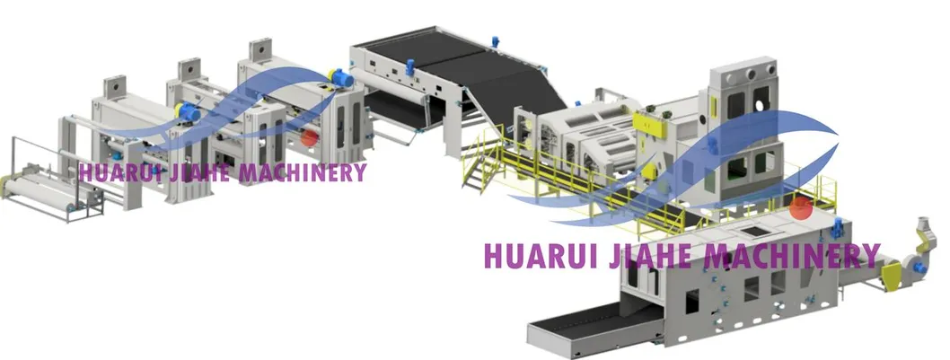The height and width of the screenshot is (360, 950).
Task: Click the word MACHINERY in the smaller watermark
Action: pyautogui.click(x=303, y=172)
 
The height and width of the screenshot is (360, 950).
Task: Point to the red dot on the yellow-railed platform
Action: pyautogui.click(x=801, y=207)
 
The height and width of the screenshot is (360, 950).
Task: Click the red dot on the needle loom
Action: pyautogui.click(x=309, y=137)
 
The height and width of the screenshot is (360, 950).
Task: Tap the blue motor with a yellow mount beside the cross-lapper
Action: pyautogui.click(x=341, y=77)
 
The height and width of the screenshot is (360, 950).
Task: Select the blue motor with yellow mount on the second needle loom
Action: pyautogui.click(x=187, y=111)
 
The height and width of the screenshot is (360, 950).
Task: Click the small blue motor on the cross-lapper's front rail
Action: pyautogui.click(x=409, y=66)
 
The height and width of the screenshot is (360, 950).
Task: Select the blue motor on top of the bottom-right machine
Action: pyautogui.click(x=839, y=227)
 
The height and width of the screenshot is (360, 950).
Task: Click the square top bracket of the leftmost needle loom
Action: pyautogui.click(x=115, y=87)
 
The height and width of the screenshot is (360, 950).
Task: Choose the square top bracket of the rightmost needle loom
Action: pyautogui.click(x=260, y=50)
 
